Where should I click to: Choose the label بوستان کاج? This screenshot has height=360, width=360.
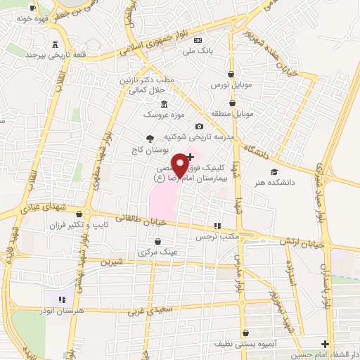pos(148,150)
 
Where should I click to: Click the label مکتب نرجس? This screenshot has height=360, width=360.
pos(219,238)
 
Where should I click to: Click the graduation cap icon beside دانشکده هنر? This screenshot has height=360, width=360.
pos(274,172)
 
